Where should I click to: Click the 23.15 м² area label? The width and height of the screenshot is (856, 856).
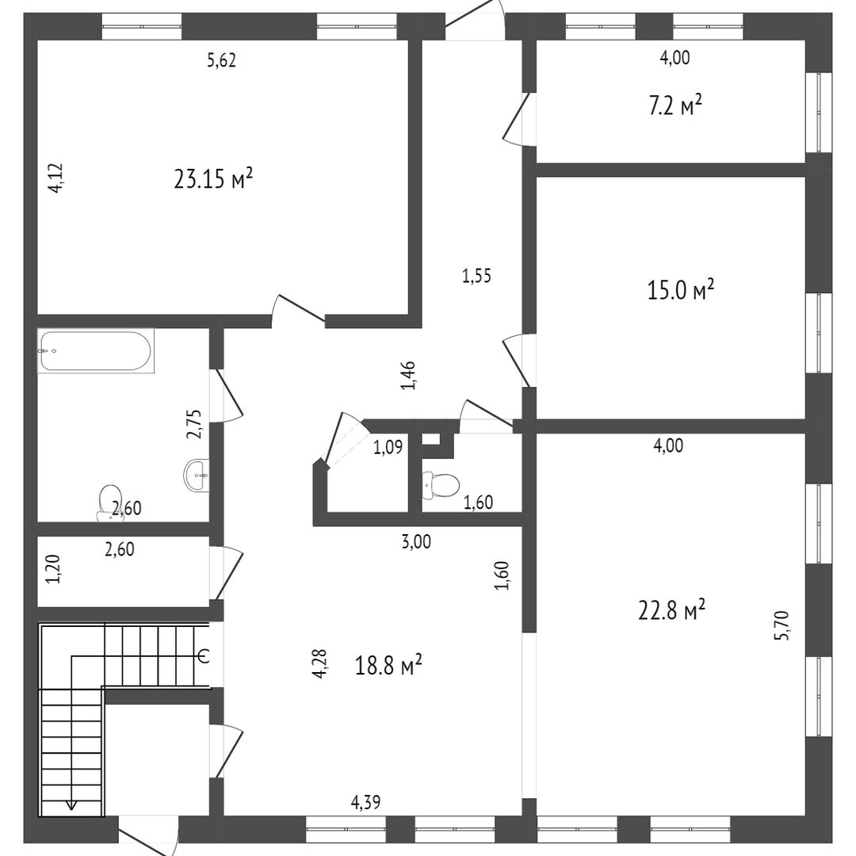[213, 178]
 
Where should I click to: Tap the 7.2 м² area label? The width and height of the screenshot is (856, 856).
[675, 105]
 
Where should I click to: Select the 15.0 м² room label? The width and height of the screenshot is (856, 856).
[681, 290]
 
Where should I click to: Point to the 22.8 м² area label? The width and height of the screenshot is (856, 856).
[672, 610]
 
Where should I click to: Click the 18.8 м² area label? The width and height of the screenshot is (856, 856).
[388, 666]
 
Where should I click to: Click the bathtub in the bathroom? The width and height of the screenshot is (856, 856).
[96, 350]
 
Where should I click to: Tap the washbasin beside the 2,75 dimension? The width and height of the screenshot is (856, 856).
[196, 476]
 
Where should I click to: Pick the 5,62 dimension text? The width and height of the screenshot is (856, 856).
[222, 60]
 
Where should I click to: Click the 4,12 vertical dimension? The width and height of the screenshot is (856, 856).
[55, 178]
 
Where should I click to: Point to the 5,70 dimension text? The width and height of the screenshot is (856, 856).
[781, 625]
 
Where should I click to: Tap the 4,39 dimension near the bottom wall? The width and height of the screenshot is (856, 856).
[365, 802]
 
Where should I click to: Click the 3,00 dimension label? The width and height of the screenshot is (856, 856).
[416, 541]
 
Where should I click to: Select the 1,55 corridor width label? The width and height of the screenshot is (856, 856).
[476, 277]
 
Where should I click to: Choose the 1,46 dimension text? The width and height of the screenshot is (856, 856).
[408, 376]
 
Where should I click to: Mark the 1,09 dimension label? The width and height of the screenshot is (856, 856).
[388, 448]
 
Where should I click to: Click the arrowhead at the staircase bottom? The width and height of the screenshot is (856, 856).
[71, 804]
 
